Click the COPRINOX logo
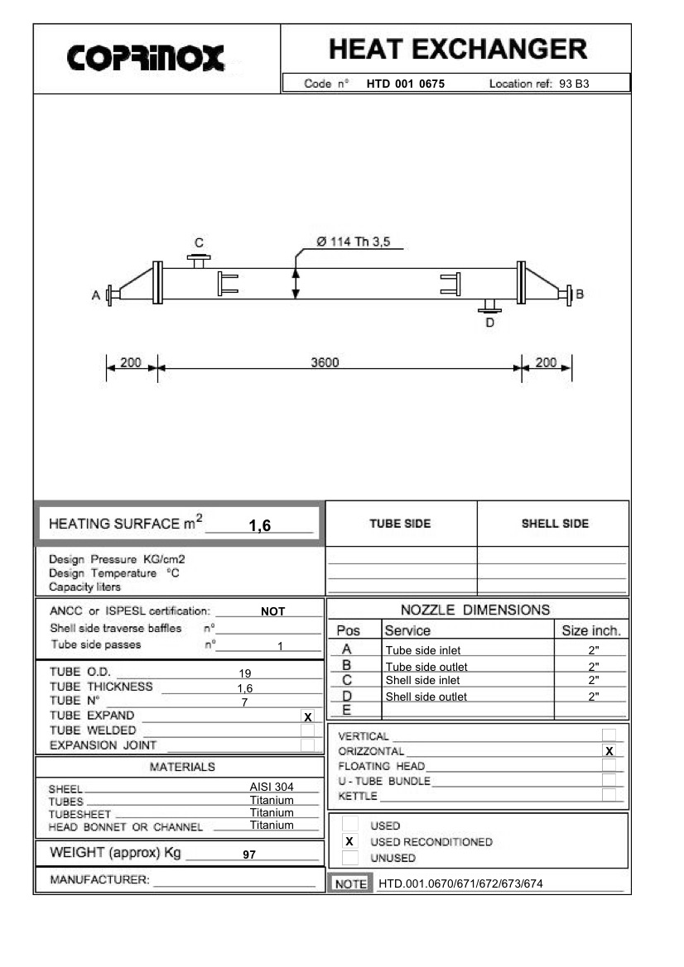click(x=146, y=58)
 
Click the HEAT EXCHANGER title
click(x=458, y=49)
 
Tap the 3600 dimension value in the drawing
click(x=325, y=362)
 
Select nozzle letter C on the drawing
click(x=199, y=242)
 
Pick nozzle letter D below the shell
click(x=489, y=323)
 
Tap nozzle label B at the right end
click(x=580, y=294)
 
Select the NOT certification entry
click(x=272, y=611)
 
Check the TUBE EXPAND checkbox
click(x=308, y=717)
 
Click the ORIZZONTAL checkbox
click(x=609, y=751)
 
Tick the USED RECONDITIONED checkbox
click(x=349, y=841)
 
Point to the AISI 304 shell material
click(x=272, y=787)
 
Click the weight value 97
click(x=248, y=855)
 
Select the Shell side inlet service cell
click(x=422, y=680)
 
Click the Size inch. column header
click(x=590, y=630)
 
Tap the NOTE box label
click(x=350, y=883)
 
